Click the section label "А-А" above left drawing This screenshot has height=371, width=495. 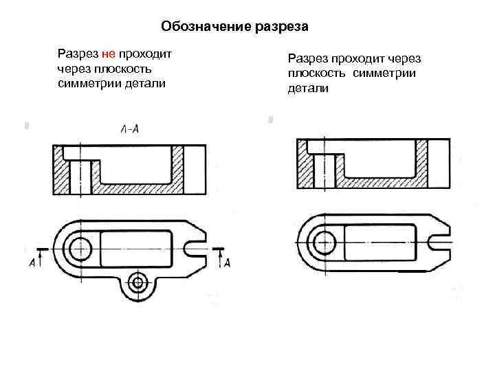pos(129,129)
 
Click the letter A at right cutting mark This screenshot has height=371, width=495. pos(227,262)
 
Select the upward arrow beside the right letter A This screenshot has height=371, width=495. pos(218,258)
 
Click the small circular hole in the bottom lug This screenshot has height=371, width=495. pos(139,281)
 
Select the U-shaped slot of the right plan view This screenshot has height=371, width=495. pos(437,242)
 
